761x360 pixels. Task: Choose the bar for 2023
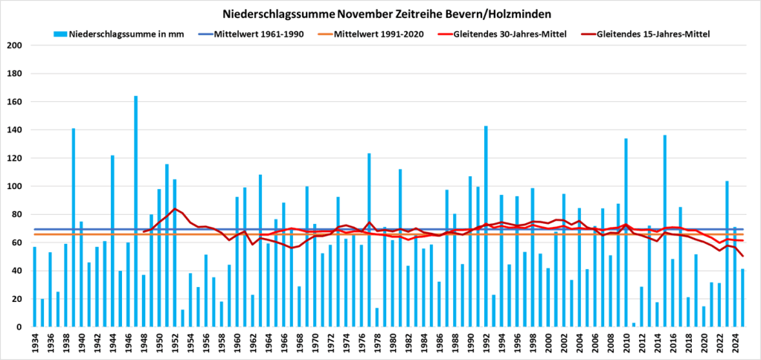click(727, 254)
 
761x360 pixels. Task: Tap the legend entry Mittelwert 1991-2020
click(379, 34)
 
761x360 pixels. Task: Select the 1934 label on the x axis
click(35, 343)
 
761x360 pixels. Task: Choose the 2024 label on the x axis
click(735, 343)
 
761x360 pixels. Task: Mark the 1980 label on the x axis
click(393, 343)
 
